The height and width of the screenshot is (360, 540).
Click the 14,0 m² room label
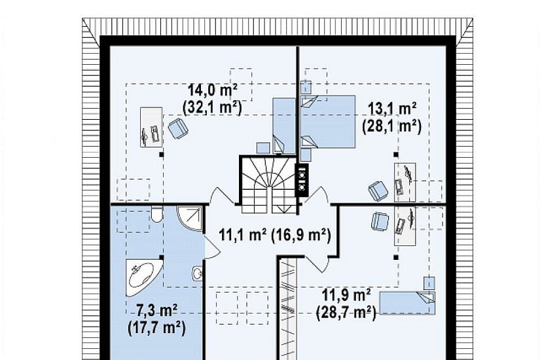(213, 90)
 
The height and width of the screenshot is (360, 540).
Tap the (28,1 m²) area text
(392, 126)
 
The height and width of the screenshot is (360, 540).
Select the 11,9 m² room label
(346, 295)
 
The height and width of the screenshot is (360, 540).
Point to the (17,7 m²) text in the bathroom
(156, 328)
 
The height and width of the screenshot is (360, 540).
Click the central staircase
(268, 185)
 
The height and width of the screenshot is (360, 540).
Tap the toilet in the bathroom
(156, 214)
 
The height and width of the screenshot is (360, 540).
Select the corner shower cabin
(189, 219)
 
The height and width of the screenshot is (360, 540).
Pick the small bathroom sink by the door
(198, 274)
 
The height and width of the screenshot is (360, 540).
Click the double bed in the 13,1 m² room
(328, 122)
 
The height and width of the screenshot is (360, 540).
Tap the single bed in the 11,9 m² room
(407, 303)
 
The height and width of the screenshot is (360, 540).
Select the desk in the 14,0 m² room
(151, 127)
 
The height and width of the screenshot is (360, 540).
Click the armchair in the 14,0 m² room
(178, 128)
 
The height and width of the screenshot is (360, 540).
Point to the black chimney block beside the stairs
(302, 180)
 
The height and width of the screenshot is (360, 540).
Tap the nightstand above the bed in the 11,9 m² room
(429, 283)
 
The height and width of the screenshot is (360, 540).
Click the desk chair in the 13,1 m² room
(378, 191)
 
